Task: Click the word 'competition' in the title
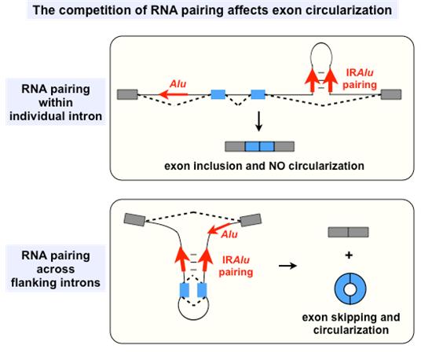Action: pyautogui.click(x=103, y=10)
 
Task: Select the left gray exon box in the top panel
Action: pyautogui.click(x=127, y=94)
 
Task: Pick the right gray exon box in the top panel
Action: pyautogui.click(x=391, y=94)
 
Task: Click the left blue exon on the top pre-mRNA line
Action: pyautogui.click(x=218, y=94)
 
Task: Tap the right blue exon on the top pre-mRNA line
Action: pyautogui.click(x=258, y=94)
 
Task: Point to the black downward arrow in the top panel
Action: pyautogui.click(x=259, y=121)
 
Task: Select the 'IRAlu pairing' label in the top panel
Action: pyautogui.click(x=360, y=79)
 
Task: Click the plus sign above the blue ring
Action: pyautogui.click(x=349, y=255)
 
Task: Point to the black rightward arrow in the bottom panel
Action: pyautogui.click(x=287, y=266)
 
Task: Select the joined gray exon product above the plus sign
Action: pyautogui.click(x=348, y=232)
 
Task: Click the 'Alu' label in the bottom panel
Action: pyautogui.click(x=229, y=234)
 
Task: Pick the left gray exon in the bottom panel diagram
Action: pyautogui.click(x=134, y=219)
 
